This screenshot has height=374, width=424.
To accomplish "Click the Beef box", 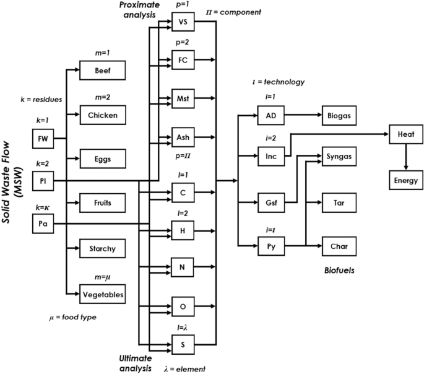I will point(102,70).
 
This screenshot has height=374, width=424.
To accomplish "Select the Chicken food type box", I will point(102,115).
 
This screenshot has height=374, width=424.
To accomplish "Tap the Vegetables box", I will point(102,295).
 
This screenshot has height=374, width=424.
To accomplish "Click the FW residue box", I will point(43,139).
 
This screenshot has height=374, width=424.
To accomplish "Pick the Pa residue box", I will point(43,224).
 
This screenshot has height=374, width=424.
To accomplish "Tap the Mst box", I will point(183,98).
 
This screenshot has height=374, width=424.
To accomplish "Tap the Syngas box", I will point(339,157).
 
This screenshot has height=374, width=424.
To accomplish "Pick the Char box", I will point(339,246).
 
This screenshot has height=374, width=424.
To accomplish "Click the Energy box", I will point(405,180).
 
